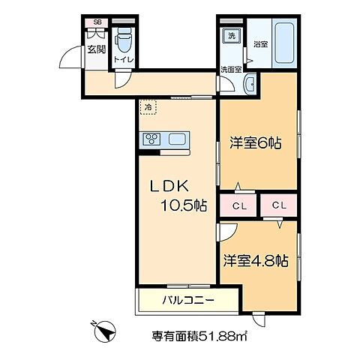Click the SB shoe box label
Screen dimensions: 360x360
click(96, 23)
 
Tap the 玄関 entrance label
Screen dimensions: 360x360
click(96, 49)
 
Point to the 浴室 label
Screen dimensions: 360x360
click(260, 44)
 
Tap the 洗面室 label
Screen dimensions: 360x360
click(230, 70)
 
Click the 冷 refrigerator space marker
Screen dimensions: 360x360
click(148, 108)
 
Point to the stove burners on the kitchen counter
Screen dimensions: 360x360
click(153, 139)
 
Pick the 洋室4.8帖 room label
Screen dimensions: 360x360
click(256, 261)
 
